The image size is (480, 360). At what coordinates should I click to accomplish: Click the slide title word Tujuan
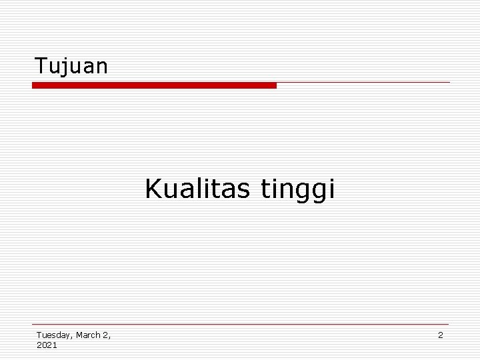71,66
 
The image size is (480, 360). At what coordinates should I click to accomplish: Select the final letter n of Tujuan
101,67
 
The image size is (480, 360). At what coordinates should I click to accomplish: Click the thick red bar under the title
154,85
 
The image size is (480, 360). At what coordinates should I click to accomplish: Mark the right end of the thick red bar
275,85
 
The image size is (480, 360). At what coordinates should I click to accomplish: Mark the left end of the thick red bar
34,85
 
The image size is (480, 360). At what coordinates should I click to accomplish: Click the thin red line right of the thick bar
363,83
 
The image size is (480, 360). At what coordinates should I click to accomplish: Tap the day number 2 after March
105,335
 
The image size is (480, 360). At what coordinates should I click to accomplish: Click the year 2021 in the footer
47,345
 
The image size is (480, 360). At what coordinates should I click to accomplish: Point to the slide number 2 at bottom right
440,335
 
